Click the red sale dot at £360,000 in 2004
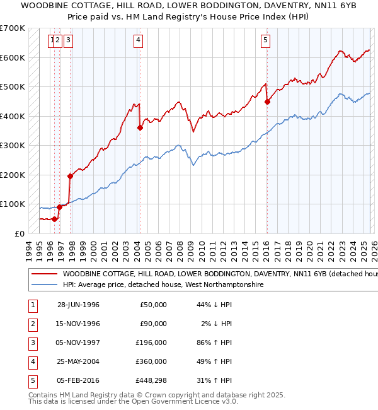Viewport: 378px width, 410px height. [x=140, y=127]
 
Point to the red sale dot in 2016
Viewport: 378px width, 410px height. [x=267, y=102]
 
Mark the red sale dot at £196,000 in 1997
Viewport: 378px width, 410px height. [x=70, y=176]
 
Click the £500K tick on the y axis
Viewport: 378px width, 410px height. [x=13, y=86]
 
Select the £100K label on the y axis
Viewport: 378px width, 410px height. [x=13, y=204]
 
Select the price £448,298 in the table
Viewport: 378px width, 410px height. [x=149, y=380]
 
